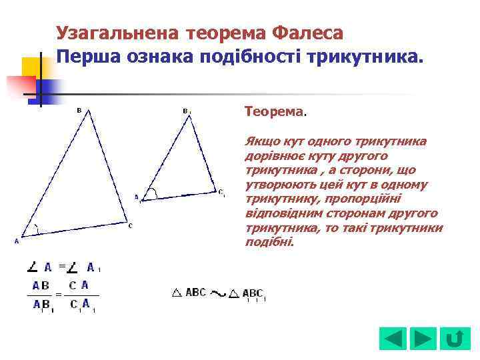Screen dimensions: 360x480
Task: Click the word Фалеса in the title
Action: (307, 33)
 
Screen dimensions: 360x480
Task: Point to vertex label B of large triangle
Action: (79, 110)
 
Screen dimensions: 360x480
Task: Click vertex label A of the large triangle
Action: (17, 241)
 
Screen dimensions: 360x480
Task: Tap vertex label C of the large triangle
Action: (131, 225)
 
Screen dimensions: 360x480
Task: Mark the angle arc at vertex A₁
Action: (153, 194)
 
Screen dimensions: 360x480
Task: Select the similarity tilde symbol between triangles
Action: (217, 293)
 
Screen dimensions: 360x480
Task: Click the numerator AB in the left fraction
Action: (41, 285)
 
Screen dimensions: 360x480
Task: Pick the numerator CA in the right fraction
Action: (79, 285)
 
